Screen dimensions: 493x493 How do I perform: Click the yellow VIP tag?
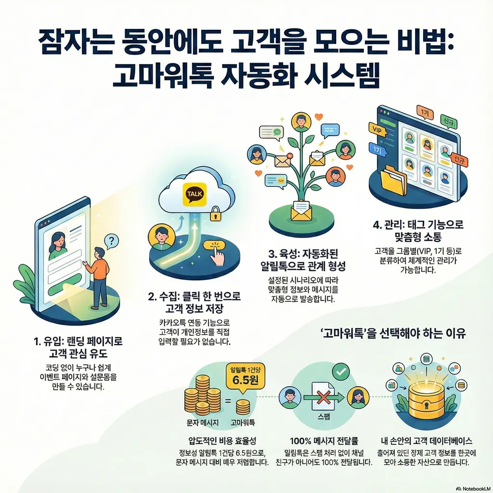pyautogui.click(x=376, y=129)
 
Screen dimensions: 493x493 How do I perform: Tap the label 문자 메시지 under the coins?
pyautogui.click(x=202, y=422)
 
